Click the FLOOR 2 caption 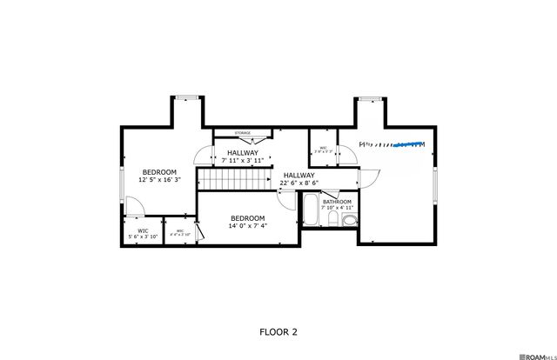tap(278, 331)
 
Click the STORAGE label tap(243, 133)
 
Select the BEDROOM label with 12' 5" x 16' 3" tap(159, 171)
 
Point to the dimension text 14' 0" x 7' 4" tap(247, 226)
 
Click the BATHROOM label tap(336, 201)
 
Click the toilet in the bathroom tap(347, 222)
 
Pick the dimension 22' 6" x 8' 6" tap(299, 183)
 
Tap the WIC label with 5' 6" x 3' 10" tap(143, 230)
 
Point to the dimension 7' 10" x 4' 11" tap(338, 208)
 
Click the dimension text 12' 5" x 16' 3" tap(159, 180)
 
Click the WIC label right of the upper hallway tap(323, 148)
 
